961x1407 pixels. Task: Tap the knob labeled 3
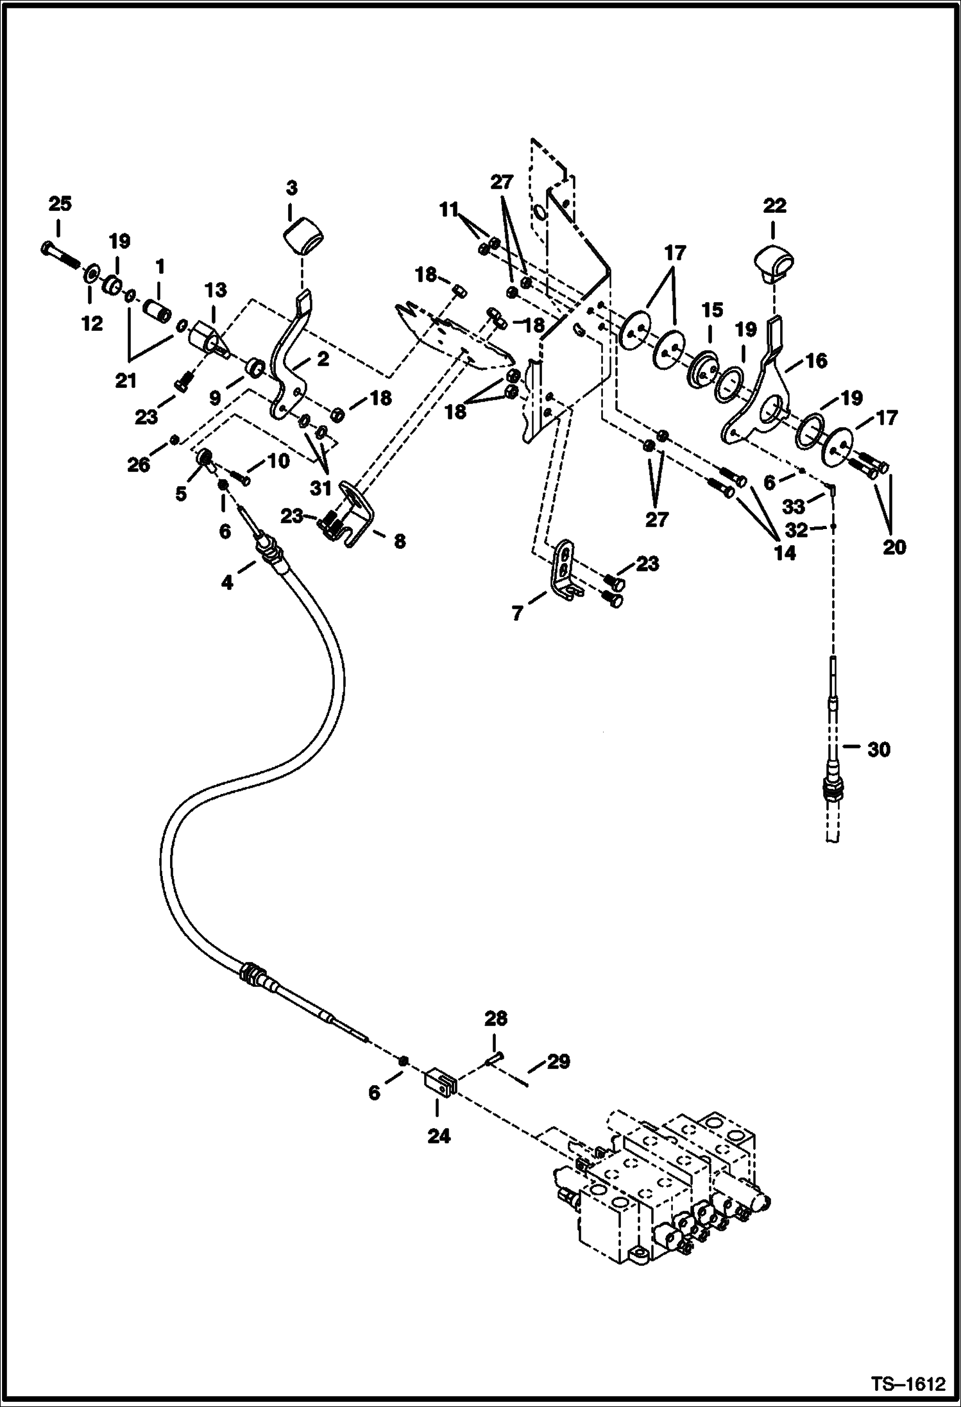pyautogui.click(x=303, y=236)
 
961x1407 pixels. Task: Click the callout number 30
pyautogui.click(x=878, y=749)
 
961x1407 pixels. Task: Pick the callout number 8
pyautogui.click(x=399, y=541)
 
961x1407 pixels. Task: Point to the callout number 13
pyautogui.click(x=216, y=290)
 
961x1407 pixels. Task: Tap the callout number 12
pyautogui.click(x=92, y=324)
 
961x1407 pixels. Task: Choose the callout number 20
pyautogui.click(x=894, y=547)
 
